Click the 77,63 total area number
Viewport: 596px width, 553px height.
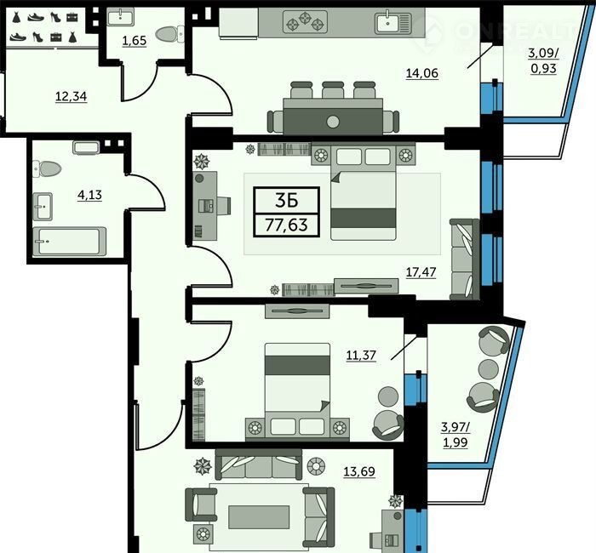click(x=286, y=225)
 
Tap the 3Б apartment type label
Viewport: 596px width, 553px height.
click(x=286, y=201)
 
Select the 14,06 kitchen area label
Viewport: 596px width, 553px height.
click(x=422, y=72)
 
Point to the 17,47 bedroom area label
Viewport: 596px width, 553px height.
click(x=421, y=272)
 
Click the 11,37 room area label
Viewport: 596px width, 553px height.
click(x=361, y=355)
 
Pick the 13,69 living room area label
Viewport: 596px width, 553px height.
click(x=359, y=471)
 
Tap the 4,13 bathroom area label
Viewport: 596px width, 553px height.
click(x=89, y=195)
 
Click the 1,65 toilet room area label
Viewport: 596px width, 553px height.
click(x=135, y=40)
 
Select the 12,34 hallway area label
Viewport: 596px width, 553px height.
click(x=71, y=96)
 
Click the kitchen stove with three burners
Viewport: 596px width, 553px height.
click(x=305, y=21)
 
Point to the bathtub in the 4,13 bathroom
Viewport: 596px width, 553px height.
click(x=69, y=241)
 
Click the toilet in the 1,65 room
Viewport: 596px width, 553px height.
click(x=169, y=34)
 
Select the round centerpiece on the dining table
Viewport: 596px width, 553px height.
click(x=333, y=122)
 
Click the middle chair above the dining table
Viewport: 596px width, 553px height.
click(x=333, y=90)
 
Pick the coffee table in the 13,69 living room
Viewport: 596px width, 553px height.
click(x=259, y=517)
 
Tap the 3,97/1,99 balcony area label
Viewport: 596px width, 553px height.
click(x=456, y=435)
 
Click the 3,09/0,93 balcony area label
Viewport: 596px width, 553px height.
click(x=543, y=60)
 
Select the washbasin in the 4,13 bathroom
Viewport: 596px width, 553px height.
click(x=43, y=207)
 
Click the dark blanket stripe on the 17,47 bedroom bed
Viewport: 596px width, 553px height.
click(x=364, y=218)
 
